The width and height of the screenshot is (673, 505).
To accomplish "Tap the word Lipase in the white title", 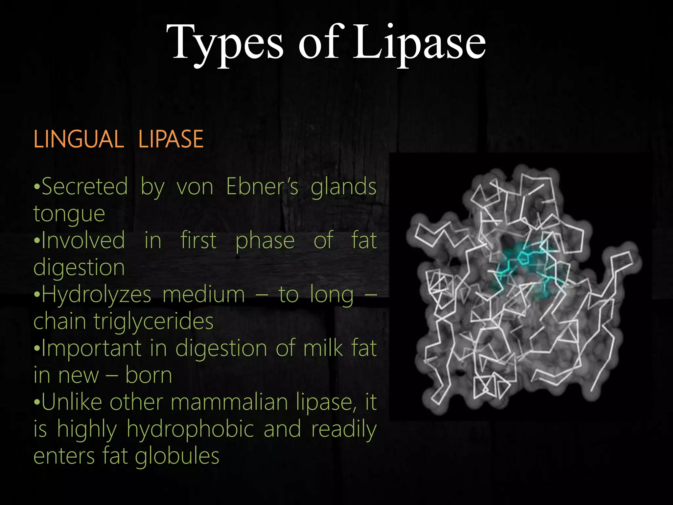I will pos(419,43).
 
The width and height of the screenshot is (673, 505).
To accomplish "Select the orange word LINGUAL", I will pos(79,139).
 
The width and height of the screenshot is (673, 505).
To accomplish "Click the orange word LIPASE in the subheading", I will pos(171,139).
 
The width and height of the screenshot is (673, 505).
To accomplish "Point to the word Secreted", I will pos(85,187).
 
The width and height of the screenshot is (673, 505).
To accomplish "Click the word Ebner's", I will pos(262,187).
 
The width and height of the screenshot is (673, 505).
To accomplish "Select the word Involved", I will pos(83,240).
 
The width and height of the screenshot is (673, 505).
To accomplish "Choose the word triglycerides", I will pos(153,322).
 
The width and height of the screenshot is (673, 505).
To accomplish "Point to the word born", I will pos(149,375).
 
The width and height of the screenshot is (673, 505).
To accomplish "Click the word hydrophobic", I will pos(191,429).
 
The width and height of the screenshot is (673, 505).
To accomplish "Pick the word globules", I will pos(177,456).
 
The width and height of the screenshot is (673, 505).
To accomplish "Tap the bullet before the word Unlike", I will pos(37,402).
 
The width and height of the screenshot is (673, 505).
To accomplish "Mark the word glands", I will pos(343,187).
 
